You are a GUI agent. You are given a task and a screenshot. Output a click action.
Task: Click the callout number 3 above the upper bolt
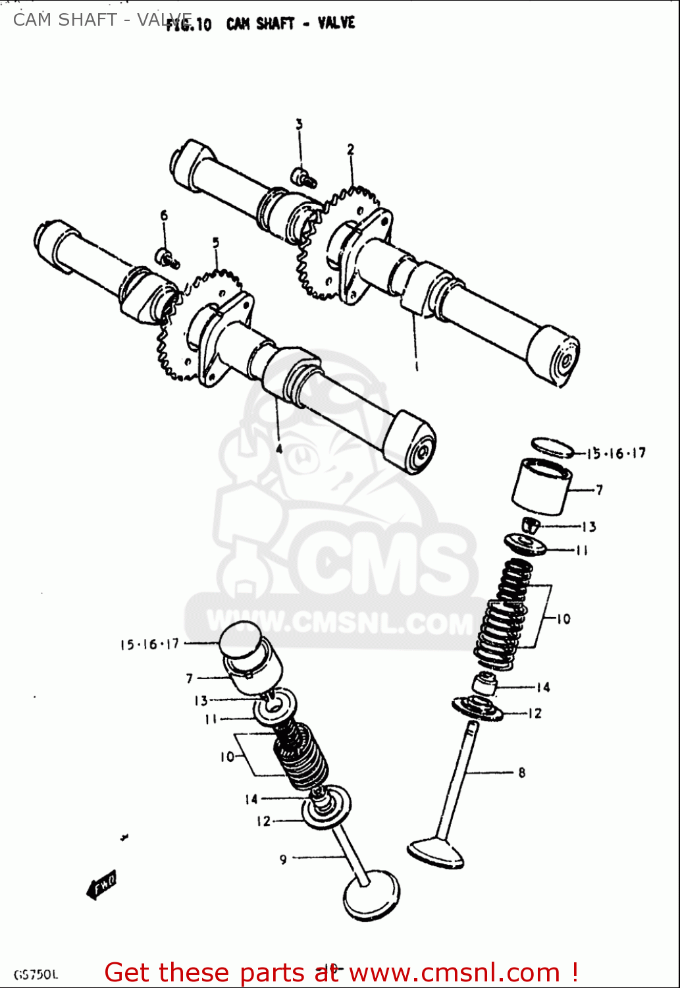click(299, 125)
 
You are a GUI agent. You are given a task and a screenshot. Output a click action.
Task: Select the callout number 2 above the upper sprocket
click(351, 150)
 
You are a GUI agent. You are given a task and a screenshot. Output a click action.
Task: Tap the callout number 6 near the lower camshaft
click(164, 215)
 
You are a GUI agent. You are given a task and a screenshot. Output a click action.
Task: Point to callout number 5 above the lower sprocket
click(215, 243)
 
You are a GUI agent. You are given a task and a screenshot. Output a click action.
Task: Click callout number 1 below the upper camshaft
click(416, 364)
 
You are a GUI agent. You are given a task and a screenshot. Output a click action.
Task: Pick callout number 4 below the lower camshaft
click(279, 449)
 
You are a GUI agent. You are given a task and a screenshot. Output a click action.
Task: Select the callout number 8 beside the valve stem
click(521, 773)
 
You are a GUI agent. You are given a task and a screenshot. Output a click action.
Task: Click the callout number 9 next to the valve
click(283, 859)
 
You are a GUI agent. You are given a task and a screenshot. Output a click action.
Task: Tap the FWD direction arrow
click(102, 885)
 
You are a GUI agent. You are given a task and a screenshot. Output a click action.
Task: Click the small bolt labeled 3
click(303, 177)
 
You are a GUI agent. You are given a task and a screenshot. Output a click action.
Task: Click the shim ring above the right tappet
click(552, 447)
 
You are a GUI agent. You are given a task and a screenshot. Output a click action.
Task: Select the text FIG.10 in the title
click(189, 25)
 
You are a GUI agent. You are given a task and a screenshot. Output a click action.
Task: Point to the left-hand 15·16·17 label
click(149, 644)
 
